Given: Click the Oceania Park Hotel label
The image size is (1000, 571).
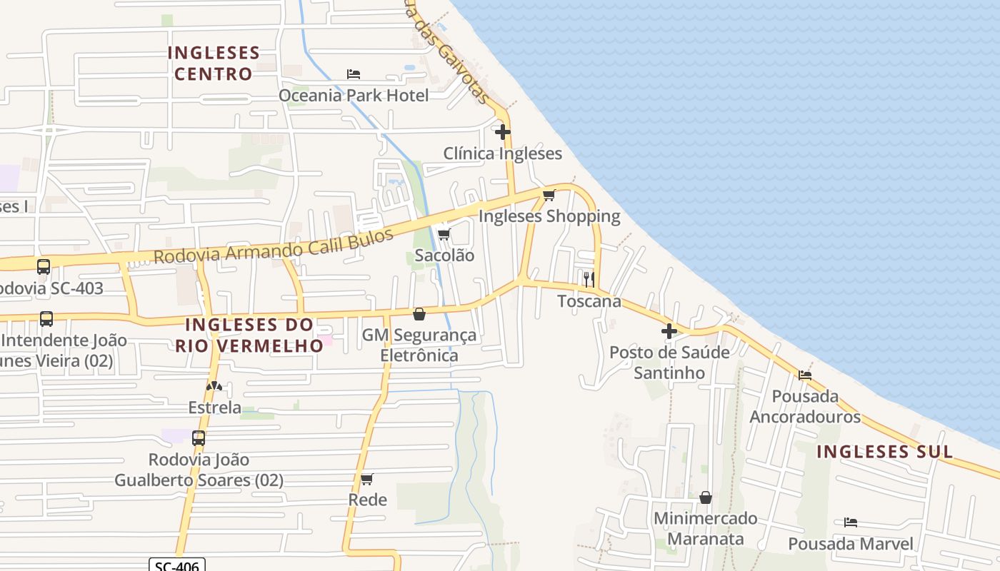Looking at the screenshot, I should (354, 96).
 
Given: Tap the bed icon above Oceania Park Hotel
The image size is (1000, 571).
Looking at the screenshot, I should (354, 74).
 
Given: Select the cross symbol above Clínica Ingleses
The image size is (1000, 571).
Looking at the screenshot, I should (503, 132).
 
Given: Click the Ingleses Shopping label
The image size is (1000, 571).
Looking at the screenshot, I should (549, 216).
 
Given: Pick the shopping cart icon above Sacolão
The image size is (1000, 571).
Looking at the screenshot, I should (444, 234).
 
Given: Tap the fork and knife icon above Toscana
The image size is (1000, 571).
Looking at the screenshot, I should (589, 279).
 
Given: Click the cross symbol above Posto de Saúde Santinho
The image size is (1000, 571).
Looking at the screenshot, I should (669, 331).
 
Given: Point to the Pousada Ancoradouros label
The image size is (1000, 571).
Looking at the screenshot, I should (805, 406).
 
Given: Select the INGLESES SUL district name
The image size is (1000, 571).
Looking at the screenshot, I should (884, 451).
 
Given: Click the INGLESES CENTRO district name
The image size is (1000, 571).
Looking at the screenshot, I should (214, 64).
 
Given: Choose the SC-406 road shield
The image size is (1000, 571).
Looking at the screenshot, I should (177, 565).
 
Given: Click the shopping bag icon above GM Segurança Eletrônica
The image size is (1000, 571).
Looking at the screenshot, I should (419, 314).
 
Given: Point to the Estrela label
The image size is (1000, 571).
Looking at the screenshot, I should (214, 408).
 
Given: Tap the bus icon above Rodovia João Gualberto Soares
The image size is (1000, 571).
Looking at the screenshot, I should (199, 438).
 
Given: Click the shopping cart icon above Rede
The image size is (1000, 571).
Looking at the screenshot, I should (367, 479).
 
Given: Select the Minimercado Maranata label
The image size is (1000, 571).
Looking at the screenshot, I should (706, 528).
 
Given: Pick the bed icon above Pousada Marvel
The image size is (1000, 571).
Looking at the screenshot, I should (850, 522).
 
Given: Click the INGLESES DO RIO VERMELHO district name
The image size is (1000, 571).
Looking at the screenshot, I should (249, 335).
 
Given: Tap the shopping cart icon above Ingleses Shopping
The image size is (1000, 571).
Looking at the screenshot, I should (549, 195).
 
